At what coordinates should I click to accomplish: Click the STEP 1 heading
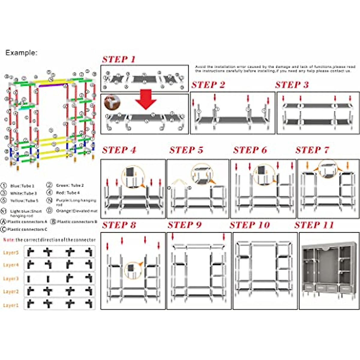coord(119,59)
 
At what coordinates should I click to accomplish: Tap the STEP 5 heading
coord(186,150)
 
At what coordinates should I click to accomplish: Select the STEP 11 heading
coord(314,225)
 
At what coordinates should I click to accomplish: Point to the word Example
coord(21,53)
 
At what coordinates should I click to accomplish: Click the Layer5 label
coord(11,253)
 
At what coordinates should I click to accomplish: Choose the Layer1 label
coord(11,305)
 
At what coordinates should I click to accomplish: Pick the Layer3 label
coord(11,279)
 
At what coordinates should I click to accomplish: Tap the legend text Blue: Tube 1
coord(22,186)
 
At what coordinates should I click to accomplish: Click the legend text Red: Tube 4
coord(68,193)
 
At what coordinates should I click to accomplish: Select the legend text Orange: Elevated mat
coord(76,211)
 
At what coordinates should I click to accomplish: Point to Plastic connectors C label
coord(27,229)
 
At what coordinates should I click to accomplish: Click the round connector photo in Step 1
coord(112,102)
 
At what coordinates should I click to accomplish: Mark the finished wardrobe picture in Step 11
coord(329,270)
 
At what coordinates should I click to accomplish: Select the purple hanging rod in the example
coord(52,85)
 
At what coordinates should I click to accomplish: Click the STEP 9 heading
coord(184,225)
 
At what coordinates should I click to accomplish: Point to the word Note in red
coord(9,240)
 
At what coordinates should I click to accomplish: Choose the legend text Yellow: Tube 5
coord(24,200)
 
